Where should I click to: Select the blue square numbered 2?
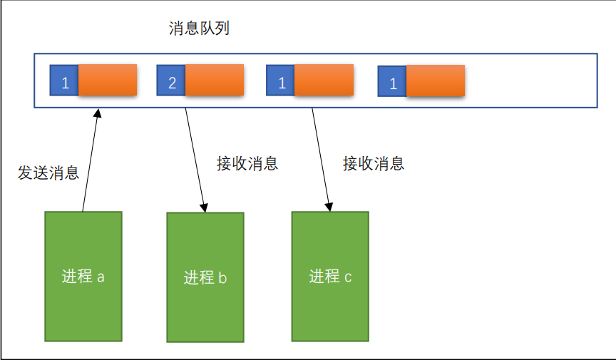(171, 81)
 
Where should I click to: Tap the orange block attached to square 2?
(214, 80)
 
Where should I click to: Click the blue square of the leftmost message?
(64, 81)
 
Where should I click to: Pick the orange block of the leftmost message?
(107, 80)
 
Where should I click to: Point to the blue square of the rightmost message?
(392, 82)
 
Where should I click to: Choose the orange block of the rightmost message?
(435, 81)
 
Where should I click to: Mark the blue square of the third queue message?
(281, 81)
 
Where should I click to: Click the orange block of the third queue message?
(324, 80)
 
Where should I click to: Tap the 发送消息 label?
(48, 173)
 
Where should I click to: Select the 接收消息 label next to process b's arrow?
(247, 163)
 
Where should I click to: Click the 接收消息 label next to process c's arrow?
(374, 163)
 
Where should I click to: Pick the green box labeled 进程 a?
(83, 276)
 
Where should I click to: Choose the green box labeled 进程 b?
(205, 277)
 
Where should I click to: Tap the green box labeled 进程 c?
(330, 276)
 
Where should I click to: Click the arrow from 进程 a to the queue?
(91, 160)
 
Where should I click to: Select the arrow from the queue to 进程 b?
(195, 160)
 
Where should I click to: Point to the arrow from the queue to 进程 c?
(321, 160)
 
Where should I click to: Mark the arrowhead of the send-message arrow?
(98, 113)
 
